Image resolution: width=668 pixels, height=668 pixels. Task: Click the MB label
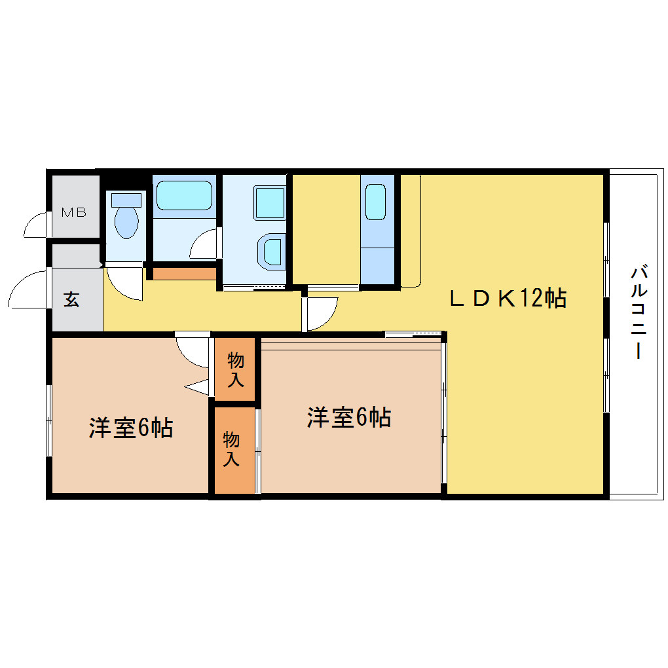[74, 212]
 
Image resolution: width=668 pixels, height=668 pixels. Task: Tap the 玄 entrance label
[71, 299]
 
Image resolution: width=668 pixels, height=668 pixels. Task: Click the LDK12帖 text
[508, 298]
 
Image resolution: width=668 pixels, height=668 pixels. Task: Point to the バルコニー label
[639, 312]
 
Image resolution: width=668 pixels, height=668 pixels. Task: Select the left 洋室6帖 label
[131, 428]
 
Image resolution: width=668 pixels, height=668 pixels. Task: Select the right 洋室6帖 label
[349, 417]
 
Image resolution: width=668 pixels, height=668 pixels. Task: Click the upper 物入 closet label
[236, 369]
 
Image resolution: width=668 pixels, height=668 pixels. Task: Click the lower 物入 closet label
[231, 448]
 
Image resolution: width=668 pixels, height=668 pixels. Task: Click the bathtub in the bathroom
[184, 196]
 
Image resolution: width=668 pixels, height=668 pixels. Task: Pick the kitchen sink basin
[375, 202]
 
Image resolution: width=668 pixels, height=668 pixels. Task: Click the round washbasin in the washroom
[271, 251]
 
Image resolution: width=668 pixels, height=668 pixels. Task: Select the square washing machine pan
[270, 203]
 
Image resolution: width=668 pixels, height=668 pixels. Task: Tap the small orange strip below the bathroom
[184, 274]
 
